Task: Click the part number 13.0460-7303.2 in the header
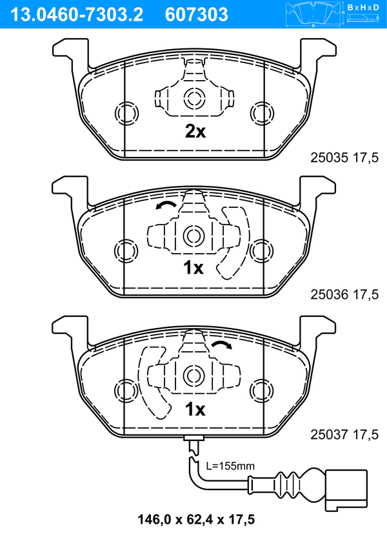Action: [x=77, y=15]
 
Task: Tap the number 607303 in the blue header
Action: [x=197, y=15]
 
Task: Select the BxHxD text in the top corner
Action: [x=363, y=7]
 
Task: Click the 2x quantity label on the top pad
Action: [x=195, y=132]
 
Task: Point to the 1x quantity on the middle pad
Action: [x=193, y=268]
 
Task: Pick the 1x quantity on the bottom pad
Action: [x=195, y=409]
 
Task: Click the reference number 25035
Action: [x=329, y=158]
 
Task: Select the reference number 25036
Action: [x=329, y=294]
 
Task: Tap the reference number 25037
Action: [x=329, y=435]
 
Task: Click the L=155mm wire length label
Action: [x=230, y=466]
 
